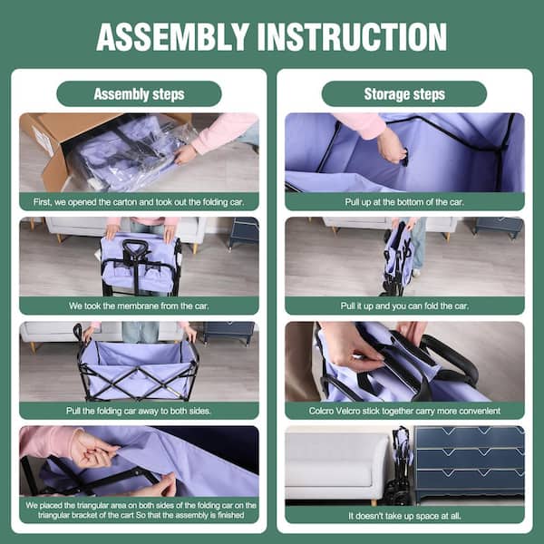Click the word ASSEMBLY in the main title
click(172, 37)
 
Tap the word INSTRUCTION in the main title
click(352, 37)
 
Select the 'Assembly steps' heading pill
click(139, 93)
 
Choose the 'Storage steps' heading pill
click(404, 93)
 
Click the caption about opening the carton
click(139, 202)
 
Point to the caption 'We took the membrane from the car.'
click(139, 306)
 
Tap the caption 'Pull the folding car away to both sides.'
click(139, 411)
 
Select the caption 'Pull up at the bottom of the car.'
click(404, 202)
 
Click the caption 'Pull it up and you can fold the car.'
click(404, 306)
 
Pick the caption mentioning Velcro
click(404, 411)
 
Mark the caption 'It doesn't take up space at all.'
click(404, 516)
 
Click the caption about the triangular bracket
click(141, 510)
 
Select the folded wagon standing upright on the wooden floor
click(400, 258)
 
